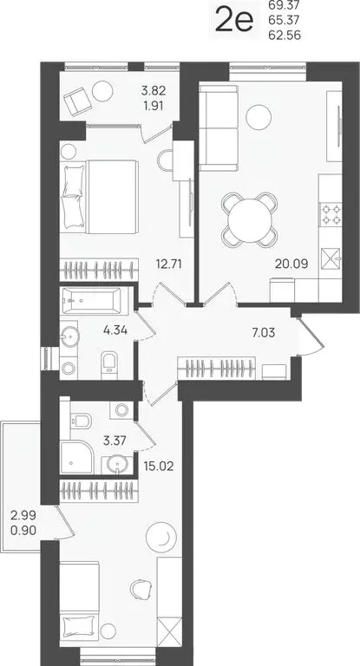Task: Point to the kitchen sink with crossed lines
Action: (x=332, y=258)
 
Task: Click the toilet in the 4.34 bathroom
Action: (x=108, y=363)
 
